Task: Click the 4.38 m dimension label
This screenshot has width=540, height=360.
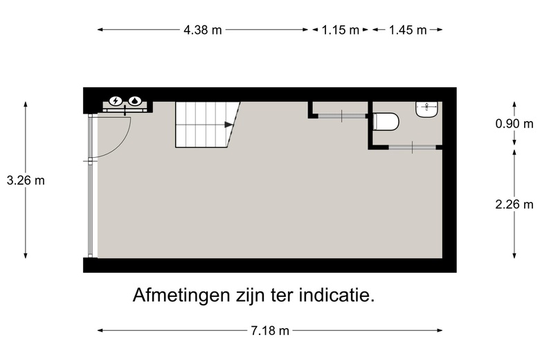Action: [203, 30]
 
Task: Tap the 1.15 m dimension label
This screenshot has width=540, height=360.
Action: [341, 30]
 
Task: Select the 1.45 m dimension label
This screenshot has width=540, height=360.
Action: [408, 30]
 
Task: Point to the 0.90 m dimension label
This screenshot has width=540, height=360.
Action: [514, 124]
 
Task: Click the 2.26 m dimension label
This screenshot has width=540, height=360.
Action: [514, 204]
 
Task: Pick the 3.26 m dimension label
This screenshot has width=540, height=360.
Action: [26, 180]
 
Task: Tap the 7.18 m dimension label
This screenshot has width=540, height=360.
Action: [270, 331]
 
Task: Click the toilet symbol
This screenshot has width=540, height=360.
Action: [386, 123]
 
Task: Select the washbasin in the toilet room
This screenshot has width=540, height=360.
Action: [427, 109]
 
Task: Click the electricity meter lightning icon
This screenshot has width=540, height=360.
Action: [115, 101]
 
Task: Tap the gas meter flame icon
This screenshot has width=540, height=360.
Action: [134, 101]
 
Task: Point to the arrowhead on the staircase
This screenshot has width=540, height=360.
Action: [229, 125]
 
